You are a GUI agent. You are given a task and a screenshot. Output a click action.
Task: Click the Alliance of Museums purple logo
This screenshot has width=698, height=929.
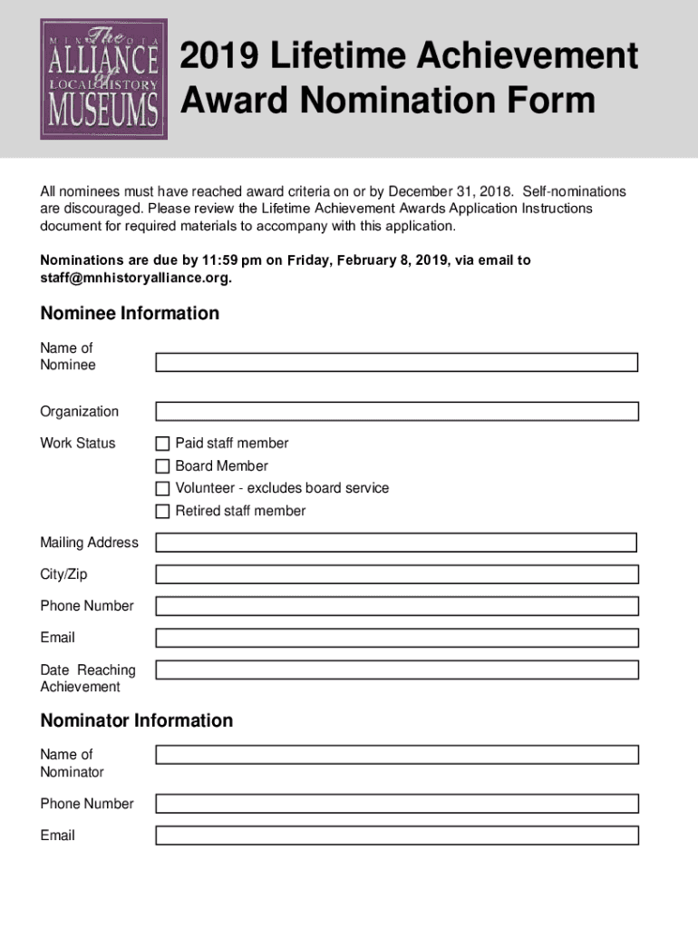click(x=103, y=79)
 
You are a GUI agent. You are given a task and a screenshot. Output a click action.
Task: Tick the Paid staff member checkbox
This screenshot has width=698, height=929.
click(x=162, y=444)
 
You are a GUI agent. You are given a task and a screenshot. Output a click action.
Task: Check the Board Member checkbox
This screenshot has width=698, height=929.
click(x=162, y=466)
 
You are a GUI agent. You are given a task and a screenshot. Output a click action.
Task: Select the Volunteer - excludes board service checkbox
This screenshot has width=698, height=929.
click(x=162, y=489)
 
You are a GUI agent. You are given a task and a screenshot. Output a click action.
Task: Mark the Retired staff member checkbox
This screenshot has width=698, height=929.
click(x=162, y=511)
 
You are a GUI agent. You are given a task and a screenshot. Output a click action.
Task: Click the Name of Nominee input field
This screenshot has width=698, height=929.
click(x=396, y=362)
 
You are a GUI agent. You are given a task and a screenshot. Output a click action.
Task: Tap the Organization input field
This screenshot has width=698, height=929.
click(x=396, y=411)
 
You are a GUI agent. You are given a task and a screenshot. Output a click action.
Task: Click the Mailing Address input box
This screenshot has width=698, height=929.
click(x=396, y=543)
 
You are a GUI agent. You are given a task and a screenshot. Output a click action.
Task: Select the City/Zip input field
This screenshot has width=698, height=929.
click(x=396, y=574)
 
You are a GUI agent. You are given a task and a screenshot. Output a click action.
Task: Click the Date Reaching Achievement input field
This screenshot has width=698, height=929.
click(x=396, y=670)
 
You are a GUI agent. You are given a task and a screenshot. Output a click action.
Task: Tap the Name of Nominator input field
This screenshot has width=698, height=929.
click(x=396, y=755)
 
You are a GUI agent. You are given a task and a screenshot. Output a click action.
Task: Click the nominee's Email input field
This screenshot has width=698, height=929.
click(x=396, y=638)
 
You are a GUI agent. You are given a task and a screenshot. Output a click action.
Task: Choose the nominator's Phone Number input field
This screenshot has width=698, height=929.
click(x=396, y=804)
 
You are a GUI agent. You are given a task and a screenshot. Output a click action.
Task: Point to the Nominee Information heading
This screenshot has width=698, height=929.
click(x=130, y=314)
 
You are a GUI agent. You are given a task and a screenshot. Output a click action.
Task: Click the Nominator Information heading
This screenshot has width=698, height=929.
click(x=136, y=720)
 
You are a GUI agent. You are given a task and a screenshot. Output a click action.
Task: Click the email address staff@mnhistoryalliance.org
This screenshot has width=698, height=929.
click(x=135, y=278)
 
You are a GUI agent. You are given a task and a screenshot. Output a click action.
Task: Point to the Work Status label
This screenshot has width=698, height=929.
click(x=78, y=444)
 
